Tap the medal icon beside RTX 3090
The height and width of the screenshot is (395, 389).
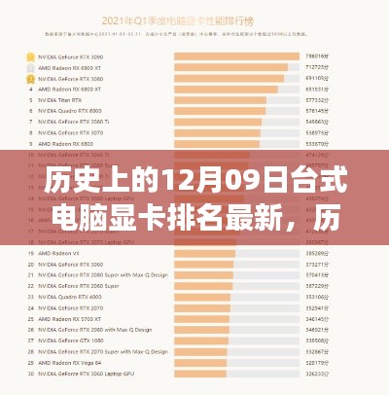(x=32, y=56)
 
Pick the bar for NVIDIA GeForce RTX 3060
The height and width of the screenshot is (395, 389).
(x=204, y=264)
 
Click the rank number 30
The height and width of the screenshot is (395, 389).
(x=32, y=373)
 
